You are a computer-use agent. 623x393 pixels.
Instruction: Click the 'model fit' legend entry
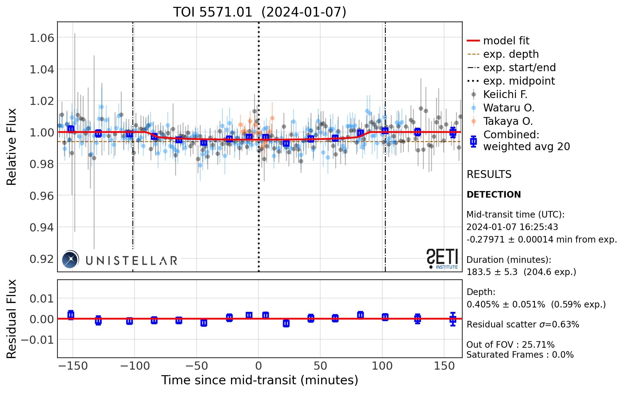pos(506,41)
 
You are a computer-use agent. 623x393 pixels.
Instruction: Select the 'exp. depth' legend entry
pos(511,54)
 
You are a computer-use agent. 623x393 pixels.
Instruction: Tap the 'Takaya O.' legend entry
pos(508,121)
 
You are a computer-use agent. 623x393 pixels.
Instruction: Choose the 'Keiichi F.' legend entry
pos(505,94)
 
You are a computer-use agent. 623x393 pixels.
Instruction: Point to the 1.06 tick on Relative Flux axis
pos(42,38)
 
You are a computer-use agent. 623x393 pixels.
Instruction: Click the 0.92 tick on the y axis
pos(42,259)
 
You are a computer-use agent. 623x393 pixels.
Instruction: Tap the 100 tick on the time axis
pos(382,366)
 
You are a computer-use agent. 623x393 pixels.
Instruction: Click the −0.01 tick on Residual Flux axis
pos(37,340)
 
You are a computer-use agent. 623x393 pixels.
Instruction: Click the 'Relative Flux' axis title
pos(12,147)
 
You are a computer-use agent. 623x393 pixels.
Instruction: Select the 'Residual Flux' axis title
pos(12,319)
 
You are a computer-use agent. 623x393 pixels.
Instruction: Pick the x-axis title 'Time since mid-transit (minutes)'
pos(260,380)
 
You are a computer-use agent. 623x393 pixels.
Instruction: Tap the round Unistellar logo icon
pos(70,259)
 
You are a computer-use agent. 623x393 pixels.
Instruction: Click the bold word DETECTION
pos(493,194)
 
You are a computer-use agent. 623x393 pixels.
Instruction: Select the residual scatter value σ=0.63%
pos(559,325)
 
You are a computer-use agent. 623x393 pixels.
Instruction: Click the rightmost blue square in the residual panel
pos(453,319)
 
